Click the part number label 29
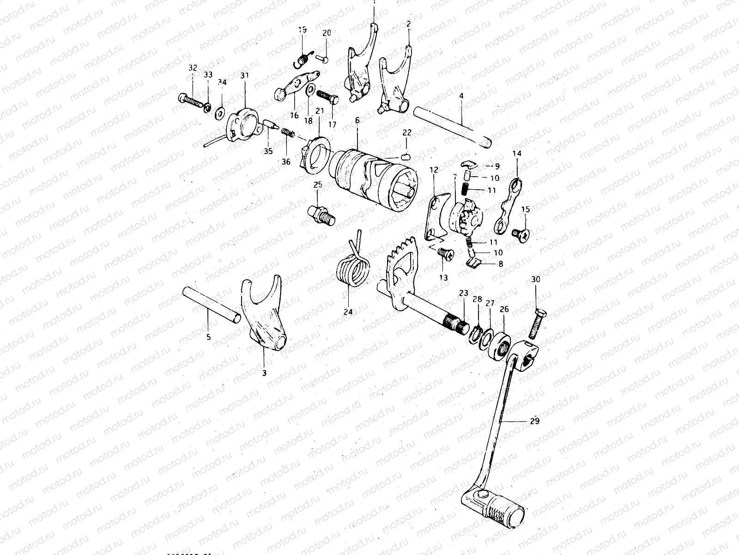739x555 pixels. pyautogui.click(x=534, y=421)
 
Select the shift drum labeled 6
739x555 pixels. pyautogui.click(x=374, y=180)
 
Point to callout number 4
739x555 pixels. pyautogui.click(x=461, y=96)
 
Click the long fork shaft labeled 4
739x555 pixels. pyautogui.click(x=453, y=126)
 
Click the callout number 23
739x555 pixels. pyautogui.click(x=463, y=293)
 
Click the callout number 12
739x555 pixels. pyautogui.click(x=434, y=170)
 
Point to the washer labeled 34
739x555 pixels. pyautogui.click(x=220, y=111)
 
